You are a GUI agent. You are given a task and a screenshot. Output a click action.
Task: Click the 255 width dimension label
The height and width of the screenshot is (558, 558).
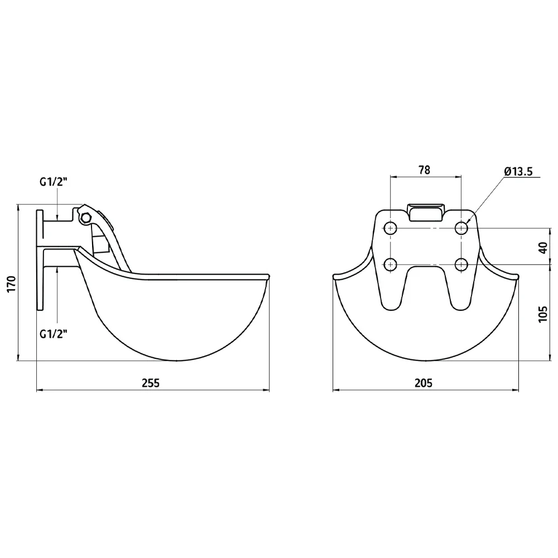click(151, 383)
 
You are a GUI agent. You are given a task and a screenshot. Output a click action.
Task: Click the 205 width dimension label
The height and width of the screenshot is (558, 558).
click(424, 383)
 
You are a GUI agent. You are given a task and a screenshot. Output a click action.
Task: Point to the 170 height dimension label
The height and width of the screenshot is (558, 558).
click(12, 283)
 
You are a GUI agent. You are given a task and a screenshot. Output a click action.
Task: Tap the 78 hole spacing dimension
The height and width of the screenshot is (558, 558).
click(424, 170)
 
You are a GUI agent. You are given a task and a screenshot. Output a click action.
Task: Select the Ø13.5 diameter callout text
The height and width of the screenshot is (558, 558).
click(518, 171)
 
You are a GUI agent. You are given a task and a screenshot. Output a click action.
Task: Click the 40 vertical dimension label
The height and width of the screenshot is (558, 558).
click(543, 248)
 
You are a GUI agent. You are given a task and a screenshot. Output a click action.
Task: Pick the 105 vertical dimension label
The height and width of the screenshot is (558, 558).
click(543, 314)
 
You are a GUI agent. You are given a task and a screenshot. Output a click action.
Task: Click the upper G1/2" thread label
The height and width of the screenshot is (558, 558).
click(54, 182)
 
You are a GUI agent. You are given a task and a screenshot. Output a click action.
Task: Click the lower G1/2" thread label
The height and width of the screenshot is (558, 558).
click(54, 334)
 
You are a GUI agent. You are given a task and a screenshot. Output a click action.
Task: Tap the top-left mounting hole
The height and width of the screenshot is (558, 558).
click(391, 228)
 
